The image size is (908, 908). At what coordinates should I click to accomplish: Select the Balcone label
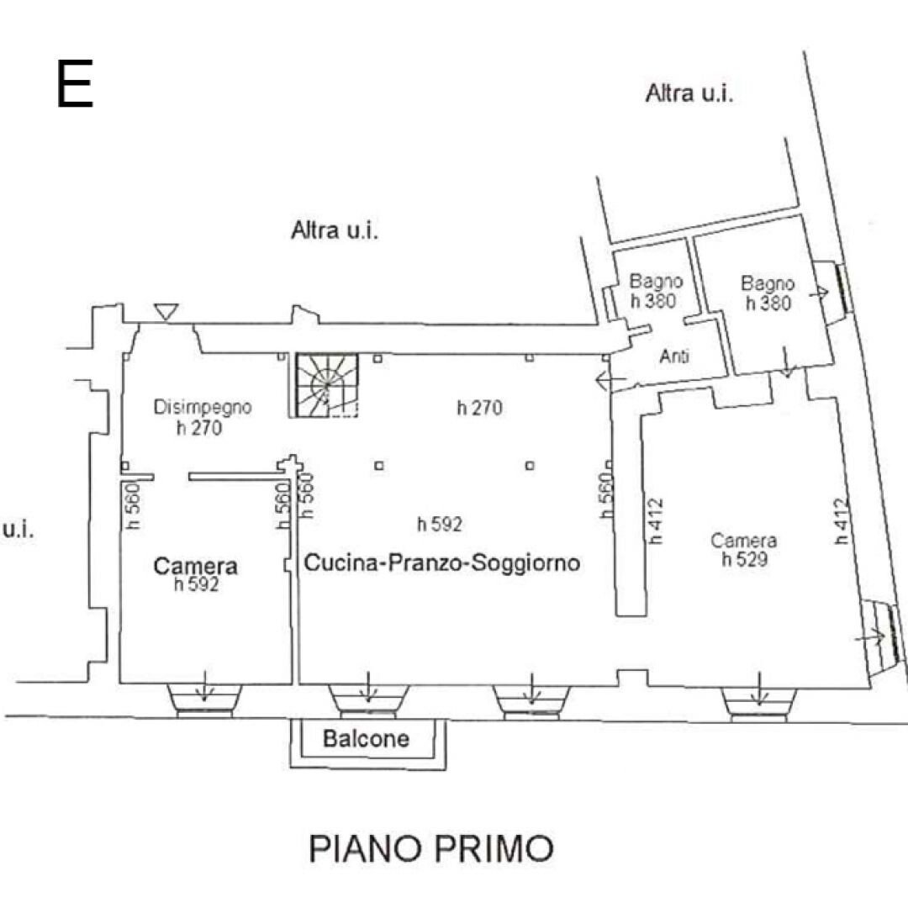point(367,739)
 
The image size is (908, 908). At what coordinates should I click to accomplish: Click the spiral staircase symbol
point(326,385)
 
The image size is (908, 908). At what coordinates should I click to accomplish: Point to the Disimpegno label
point(203,408)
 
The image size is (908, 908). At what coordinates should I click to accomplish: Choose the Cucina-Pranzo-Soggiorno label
point(441,562)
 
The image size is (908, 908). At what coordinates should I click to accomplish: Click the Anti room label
point(674,356)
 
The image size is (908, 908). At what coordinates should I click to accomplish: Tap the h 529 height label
point(744,559)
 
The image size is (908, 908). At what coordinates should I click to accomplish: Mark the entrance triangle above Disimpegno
point(166,311)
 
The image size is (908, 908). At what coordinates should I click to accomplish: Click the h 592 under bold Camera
point(196,585)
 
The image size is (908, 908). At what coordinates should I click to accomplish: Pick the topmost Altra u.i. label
point(689,93)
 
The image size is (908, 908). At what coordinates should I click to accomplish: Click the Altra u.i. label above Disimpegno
point(335,230)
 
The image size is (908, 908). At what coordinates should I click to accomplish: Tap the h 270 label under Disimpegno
point(199,427)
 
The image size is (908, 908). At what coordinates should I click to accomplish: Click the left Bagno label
point(657,282)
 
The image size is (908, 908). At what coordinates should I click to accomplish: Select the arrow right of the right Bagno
point(817,293)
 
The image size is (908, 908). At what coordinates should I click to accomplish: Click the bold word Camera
point(195,567)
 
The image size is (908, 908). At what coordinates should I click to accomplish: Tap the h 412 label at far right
point(842,521)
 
